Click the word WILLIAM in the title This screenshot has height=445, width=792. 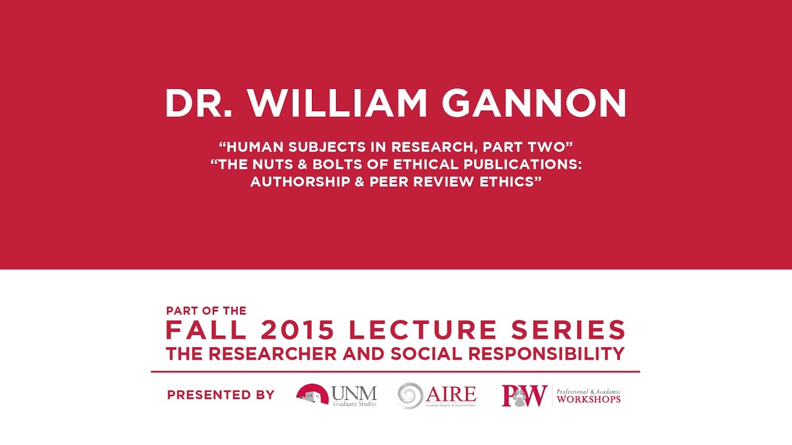pos(339,103)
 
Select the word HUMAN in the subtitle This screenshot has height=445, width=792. pos(252,148)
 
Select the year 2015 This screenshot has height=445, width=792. pos(298,331)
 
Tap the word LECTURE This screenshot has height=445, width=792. pos(423,331)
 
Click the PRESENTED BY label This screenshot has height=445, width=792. pos(221,395)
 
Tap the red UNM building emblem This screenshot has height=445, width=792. pos(312,394)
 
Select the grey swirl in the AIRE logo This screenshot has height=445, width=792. pos(410,396)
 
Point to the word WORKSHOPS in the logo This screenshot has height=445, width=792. pos(588,399)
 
